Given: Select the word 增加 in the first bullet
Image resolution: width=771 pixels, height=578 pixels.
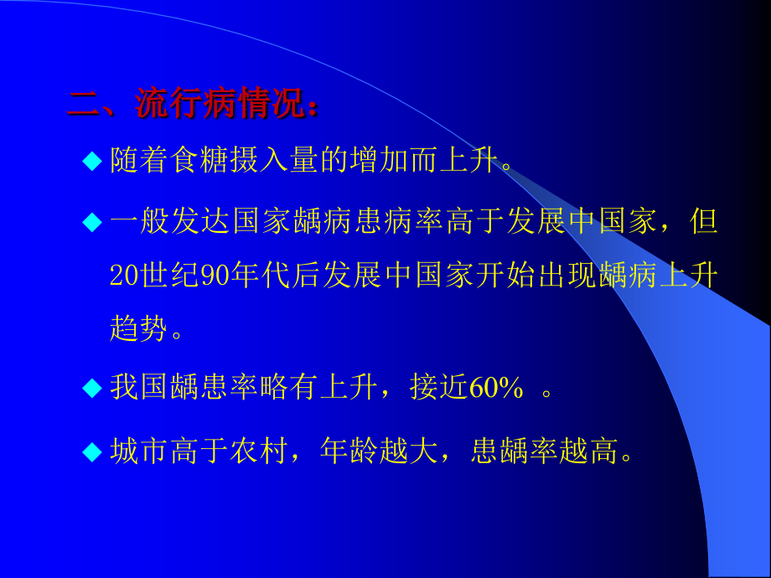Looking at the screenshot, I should pyautogui.click(x=383, y=160).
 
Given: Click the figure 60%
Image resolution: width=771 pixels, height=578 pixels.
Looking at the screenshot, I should pyautogui.click(x=496, y=388).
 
